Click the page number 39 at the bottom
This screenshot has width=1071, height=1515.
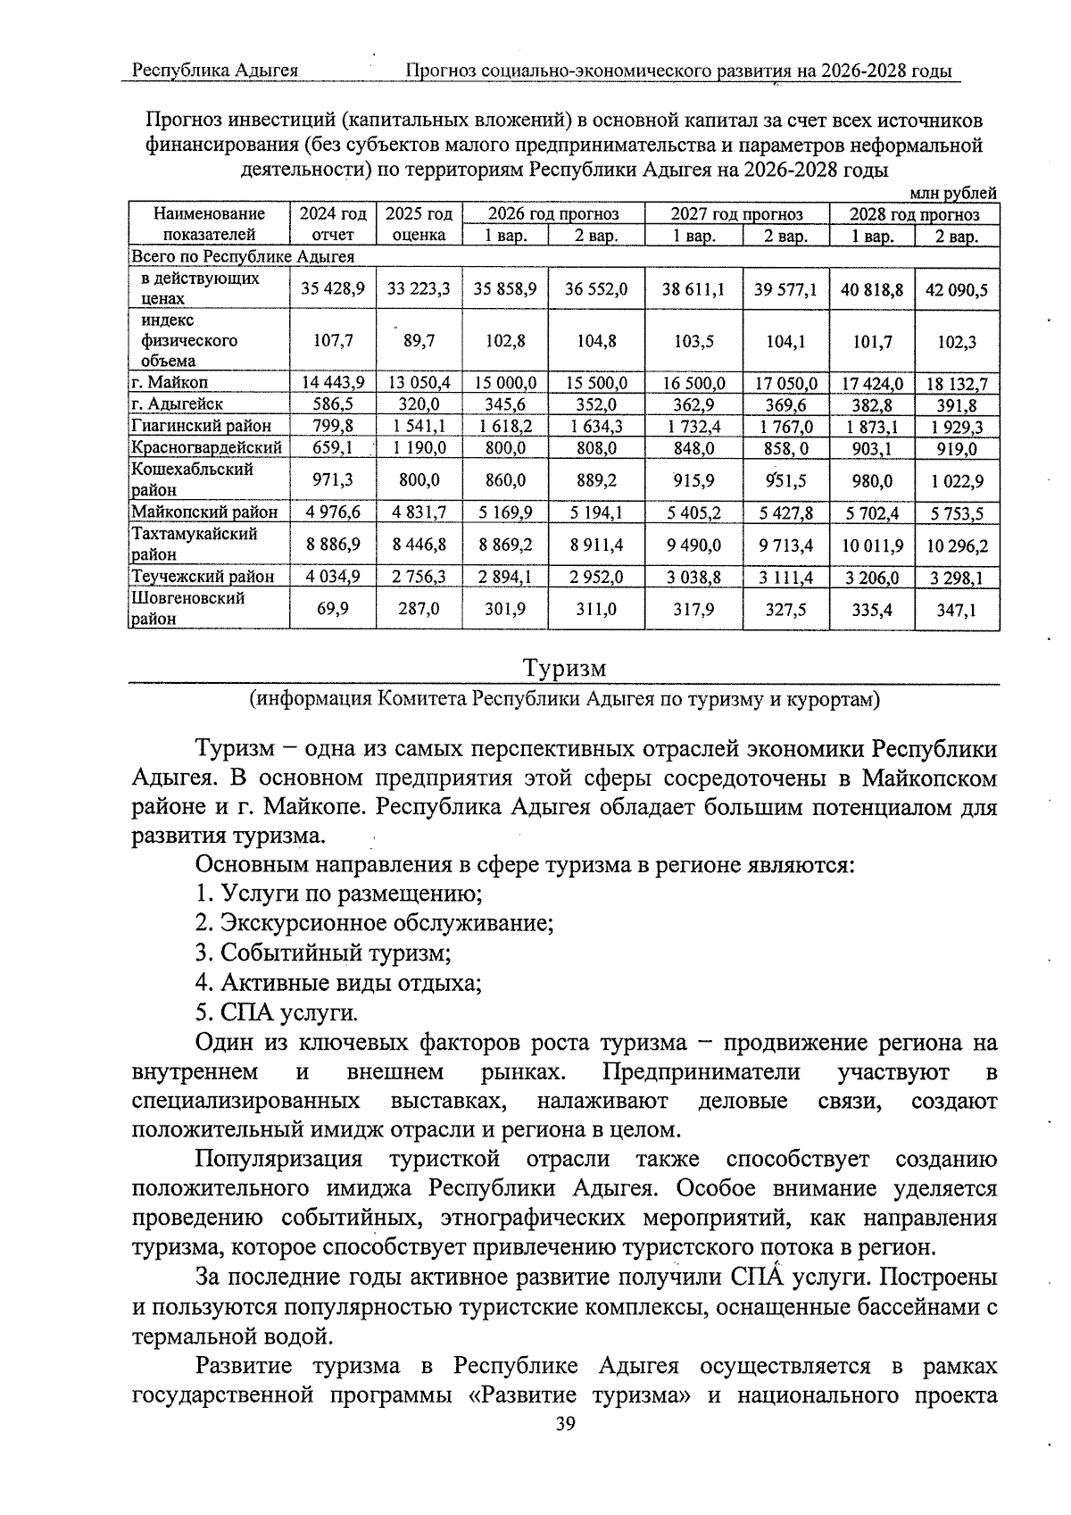(x=566, y=1423)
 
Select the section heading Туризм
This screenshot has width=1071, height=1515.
(x=564, y=669)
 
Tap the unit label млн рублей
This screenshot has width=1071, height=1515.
(x=952, y=193)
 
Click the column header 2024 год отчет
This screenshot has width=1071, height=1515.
(x=332, y=224)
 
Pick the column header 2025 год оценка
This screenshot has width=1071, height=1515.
(x=419, y=224)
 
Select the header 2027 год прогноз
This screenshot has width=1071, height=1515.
(x=736, y=214)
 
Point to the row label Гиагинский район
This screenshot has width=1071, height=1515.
(x=201, y=426)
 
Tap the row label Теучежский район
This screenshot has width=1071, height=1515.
(x=203, y=577)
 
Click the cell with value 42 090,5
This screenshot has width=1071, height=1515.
(x=957, y=289)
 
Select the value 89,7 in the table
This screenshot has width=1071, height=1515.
(x=419, y=340)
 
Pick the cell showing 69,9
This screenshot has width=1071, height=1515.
(x=332, y=609)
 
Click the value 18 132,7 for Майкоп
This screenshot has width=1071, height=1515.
(x=957, y=384)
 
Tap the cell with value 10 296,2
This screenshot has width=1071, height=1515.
(x=957, y=545)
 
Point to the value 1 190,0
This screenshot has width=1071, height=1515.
(x=419, y=448)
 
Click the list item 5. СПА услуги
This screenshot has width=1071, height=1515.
(x=277, y=1013)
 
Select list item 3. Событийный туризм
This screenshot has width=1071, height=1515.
(x=323, y=953)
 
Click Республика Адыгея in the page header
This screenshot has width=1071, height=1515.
(x=215, y=71)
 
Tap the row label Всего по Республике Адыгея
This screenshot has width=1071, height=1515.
(x=243, y=257)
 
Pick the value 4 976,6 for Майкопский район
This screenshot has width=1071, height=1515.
(x=332, y=512)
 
